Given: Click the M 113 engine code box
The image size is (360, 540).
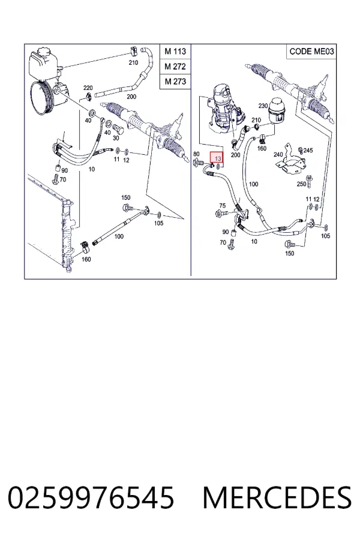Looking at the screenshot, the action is pos(175,52).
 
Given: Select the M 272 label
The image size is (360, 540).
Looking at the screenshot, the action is pos(175,67).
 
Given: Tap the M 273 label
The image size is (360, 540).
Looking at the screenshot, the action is pos(175,82).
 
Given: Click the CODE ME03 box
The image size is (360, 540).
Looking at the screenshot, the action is pos(311,52).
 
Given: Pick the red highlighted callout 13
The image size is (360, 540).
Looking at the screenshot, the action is pos(217,158).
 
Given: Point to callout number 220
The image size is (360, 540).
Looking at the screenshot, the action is pos(88,88).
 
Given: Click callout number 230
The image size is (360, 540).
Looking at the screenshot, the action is pos(263,106).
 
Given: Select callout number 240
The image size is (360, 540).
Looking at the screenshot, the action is pos(278,155).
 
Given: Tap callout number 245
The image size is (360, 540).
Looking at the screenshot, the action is pos(308,150).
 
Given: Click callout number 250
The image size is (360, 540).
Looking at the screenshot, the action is pos(301,184).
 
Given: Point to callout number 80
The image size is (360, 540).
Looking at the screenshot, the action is pos(196,154).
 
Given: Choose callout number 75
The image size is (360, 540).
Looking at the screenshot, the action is pos(223,206).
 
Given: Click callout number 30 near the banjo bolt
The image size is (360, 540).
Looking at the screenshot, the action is pos(116,138).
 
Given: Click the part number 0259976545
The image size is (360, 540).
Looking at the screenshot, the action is pos(91,497).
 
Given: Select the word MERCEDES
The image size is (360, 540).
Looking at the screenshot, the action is pos(277,497).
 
